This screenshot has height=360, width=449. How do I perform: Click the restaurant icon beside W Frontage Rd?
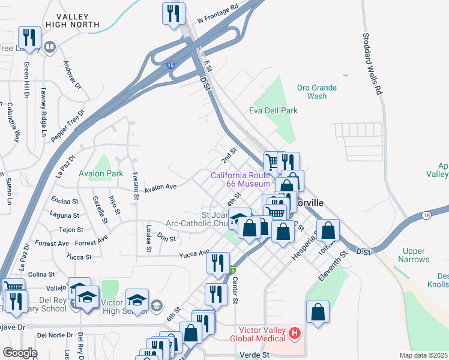[173, 13]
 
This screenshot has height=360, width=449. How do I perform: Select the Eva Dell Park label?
[274, 110]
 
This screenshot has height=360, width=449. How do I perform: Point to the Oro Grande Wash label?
[317, 92]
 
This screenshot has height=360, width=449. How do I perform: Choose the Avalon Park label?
[100, 173]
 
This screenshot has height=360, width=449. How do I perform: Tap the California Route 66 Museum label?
[240, 179]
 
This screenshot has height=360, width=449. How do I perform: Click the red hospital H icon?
[294, 332]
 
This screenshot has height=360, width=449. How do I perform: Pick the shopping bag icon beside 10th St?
[328, 230]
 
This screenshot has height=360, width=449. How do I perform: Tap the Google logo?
[20, 353]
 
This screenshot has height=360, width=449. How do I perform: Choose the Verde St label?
[254, 355]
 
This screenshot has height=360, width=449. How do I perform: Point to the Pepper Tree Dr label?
[67, 126]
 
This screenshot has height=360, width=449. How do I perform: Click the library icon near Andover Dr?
[50, 46]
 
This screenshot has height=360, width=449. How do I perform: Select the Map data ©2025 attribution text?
[424, 355]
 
